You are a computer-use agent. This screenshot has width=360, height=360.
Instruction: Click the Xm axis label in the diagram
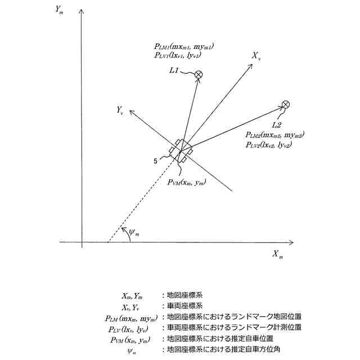pyautogui.click(x=278, y=255)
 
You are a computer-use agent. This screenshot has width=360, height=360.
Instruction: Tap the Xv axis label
pyautogui.click(x=256, y=56)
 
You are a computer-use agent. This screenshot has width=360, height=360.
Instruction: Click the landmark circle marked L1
pyautogui.click(x=199, y=74)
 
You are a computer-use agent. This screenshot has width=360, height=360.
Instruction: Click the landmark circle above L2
pyautogui.click(x=286, y=104)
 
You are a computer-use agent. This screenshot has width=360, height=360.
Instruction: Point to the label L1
pyautogui.click(x=174, y=71)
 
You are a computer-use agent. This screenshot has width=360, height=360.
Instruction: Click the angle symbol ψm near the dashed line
pyautogui.click(x=132, y=231)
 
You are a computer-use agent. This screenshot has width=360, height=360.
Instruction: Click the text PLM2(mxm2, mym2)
pyautogui.click(x=274, y=135)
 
